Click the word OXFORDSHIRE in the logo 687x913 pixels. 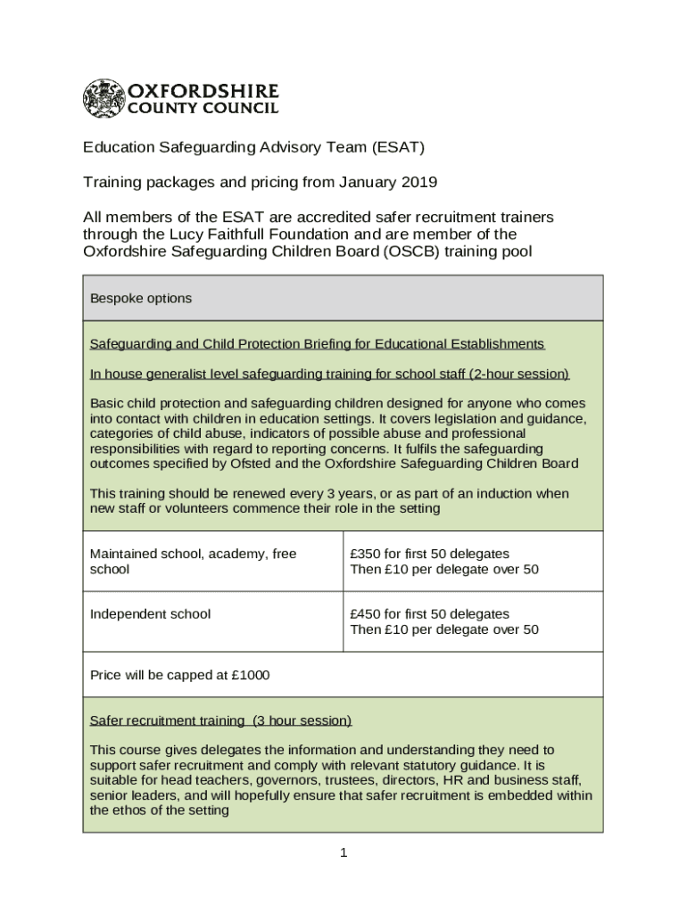(204, 91)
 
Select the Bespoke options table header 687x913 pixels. (141, 299)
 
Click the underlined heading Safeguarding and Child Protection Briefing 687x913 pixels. (317, 344)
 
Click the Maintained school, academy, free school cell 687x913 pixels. (193, 561)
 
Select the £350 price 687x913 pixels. (367, 554)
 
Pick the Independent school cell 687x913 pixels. (151, 613)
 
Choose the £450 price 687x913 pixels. (367, 613)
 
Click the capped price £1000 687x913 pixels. (250, 675)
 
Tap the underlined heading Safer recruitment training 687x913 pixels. (167, 720)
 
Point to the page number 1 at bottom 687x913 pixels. (343, 853)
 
